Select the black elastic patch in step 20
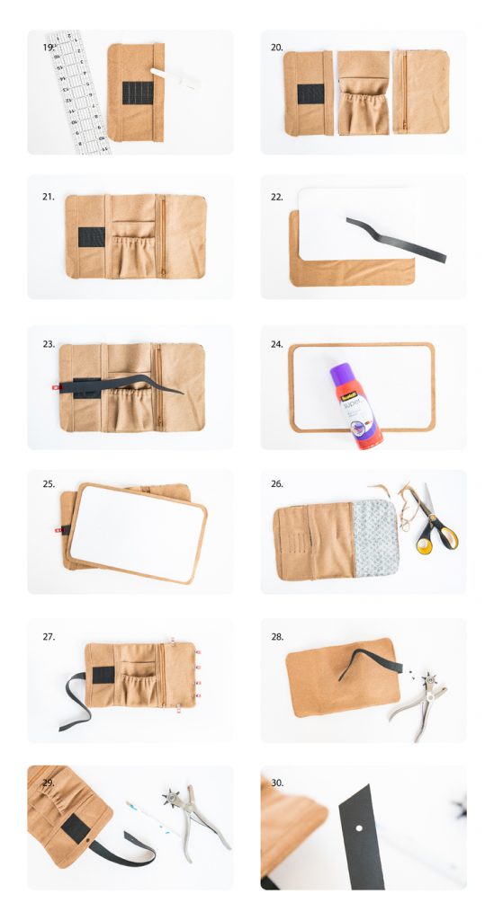pos(311,93)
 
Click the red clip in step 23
pos(55,388)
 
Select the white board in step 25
pos(138,531)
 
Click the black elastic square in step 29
pos(75,827)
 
